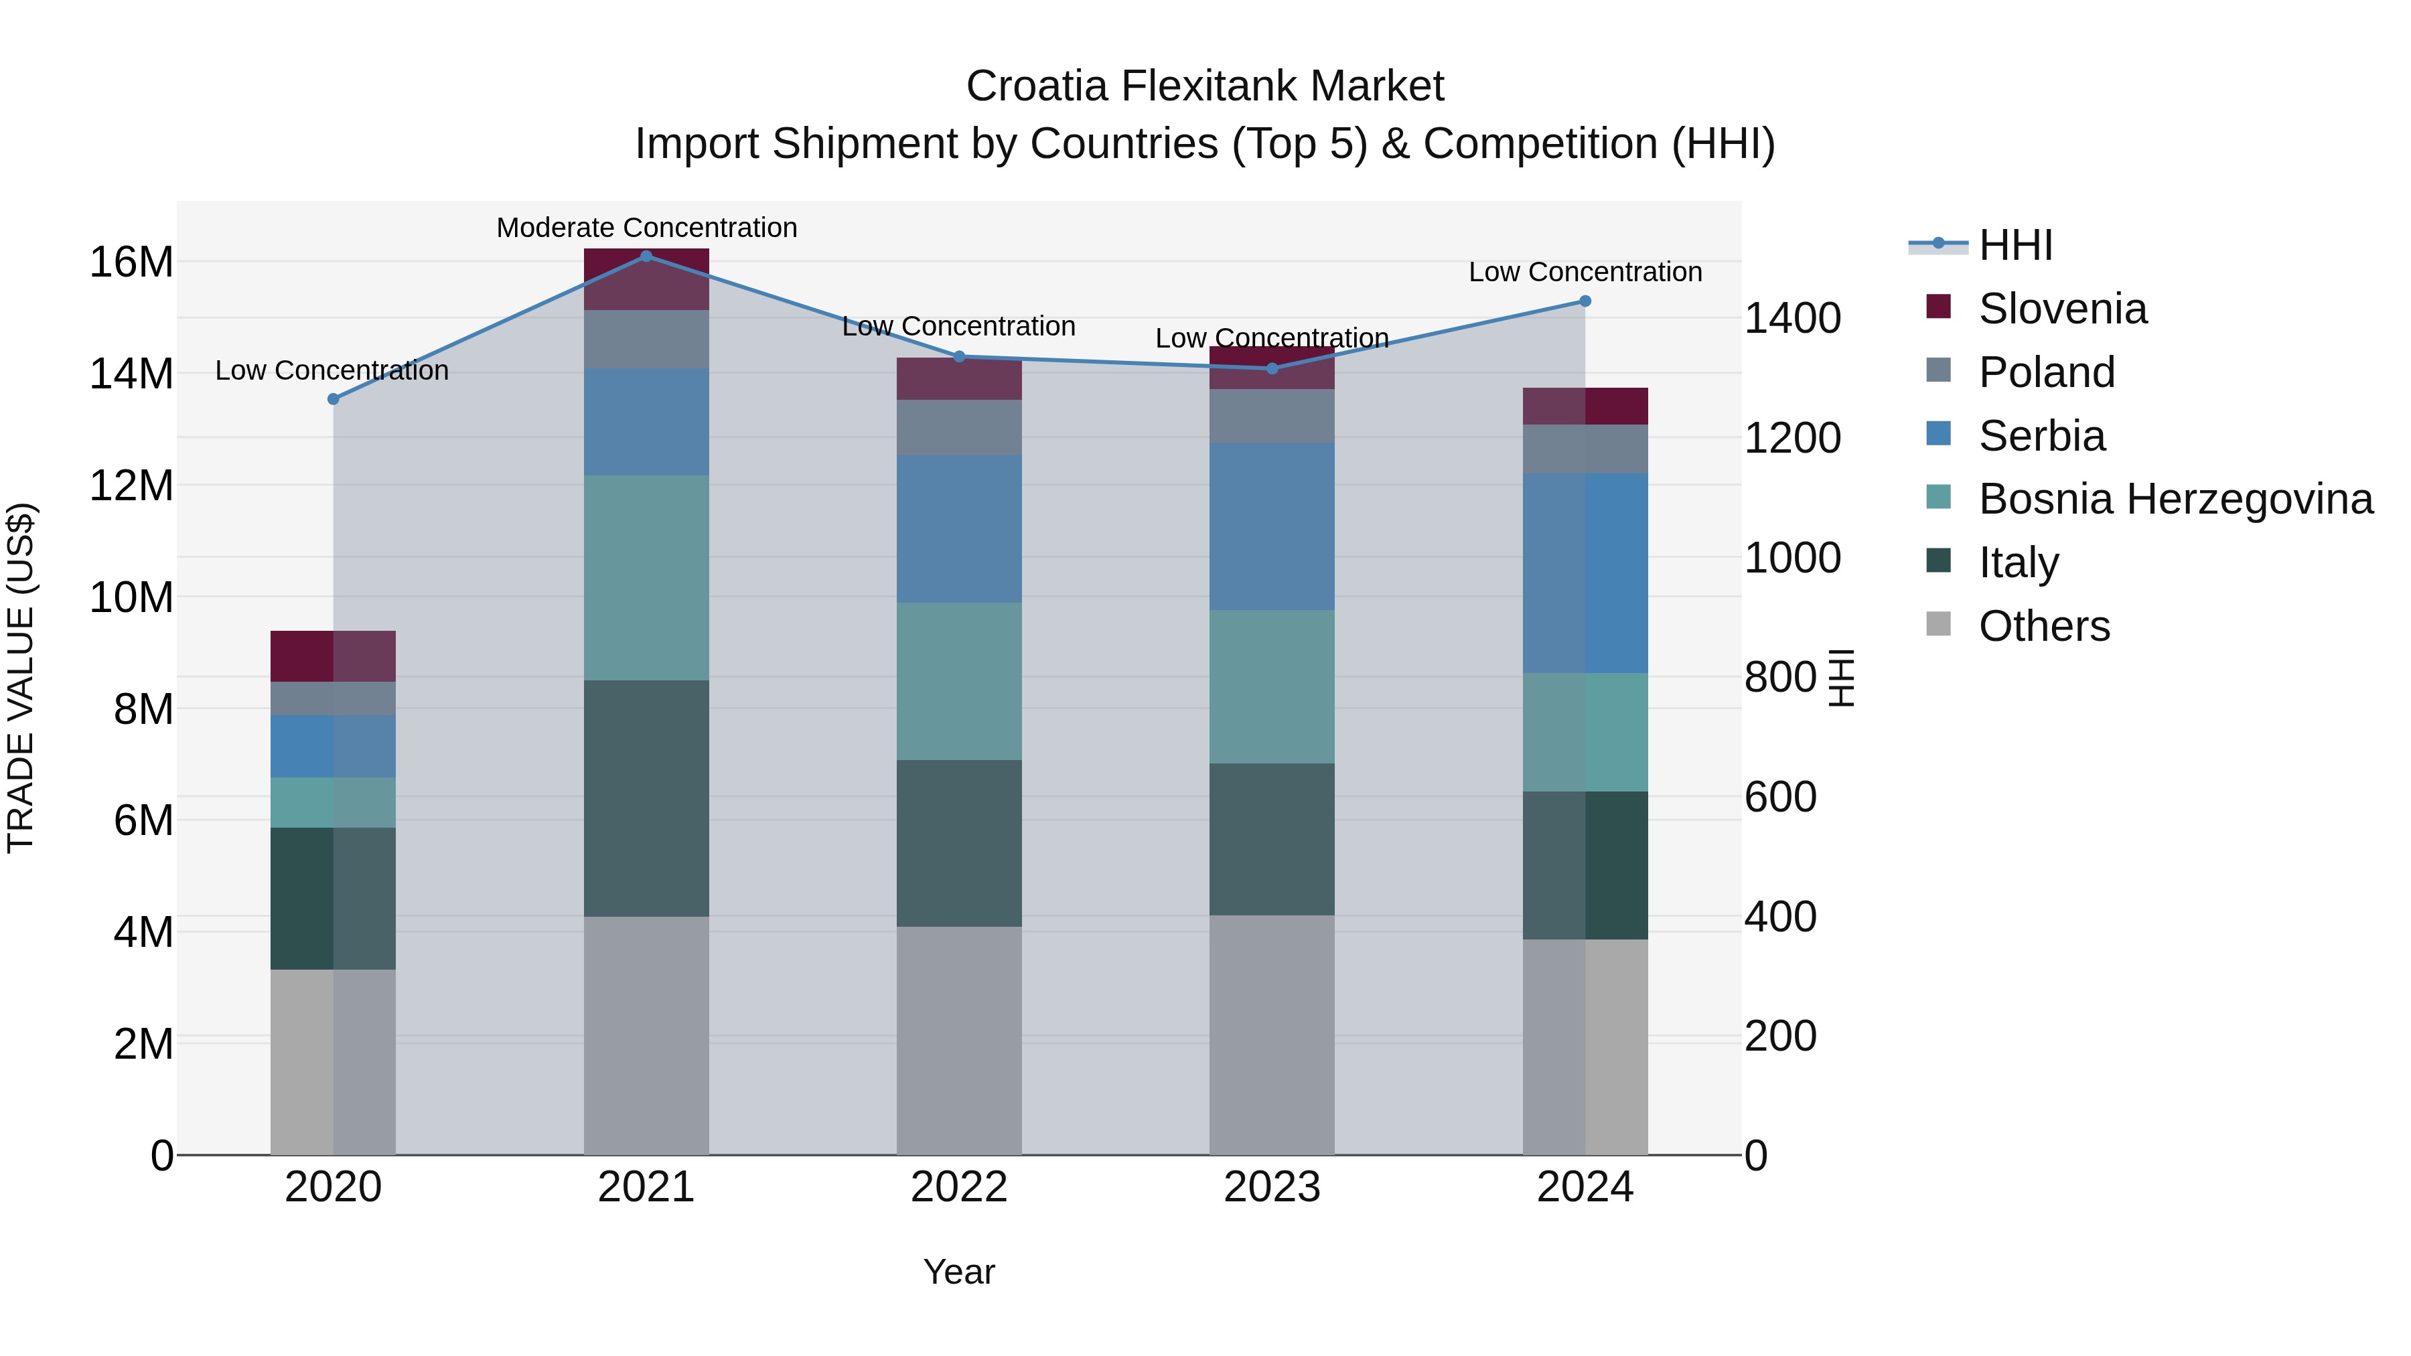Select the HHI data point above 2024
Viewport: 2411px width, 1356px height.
coord(1585,301)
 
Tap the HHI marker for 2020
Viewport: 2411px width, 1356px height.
coord(334,398)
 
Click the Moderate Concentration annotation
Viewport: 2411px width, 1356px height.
coord(647,228)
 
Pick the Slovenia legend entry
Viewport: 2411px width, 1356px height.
coord(2062,309)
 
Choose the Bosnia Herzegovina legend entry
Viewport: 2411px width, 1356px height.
coord(2175,499)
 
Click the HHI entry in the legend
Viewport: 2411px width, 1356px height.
coord(2015,245)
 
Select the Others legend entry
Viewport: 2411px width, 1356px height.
coord(2044,626)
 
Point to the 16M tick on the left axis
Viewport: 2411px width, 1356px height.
coord(131,262)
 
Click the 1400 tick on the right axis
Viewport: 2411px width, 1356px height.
coord(1792,318)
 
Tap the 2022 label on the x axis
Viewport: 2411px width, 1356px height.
coord(958,1187)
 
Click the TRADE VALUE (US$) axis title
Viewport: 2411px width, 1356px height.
coord(21,678)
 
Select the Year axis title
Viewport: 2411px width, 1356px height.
coord(958,1272)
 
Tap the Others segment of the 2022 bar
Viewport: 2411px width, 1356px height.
coord(958,1040)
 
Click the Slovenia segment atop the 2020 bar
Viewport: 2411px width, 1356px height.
coord(334,656)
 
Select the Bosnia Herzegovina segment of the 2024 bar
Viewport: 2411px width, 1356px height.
coord(1585,732)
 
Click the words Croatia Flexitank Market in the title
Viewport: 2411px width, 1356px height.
coord(1205,86)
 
